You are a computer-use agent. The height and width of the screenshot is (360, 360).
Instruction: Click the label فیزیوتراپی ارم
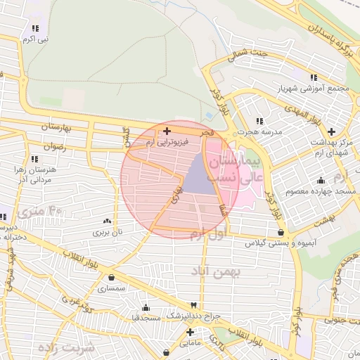point(167,142)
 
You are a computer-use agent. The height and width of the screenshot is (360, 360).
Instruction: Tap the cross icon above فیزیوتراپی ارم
point(167,131)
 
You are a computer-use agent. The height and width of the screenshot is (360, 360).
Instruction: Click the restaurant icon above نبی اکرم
point(34,29)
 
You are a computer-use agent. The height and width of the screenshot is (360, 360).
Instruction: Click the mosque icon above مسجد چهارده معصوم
point(321,180)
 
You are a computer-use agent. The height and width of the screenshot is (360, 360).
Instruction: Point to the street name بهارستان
point(57,128)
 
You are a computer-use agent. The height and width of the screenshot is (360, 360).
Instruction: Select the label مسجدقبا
point(146,318)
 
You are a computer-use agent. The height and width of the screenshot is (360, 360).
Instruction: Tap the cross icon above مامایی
point(190,332)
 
